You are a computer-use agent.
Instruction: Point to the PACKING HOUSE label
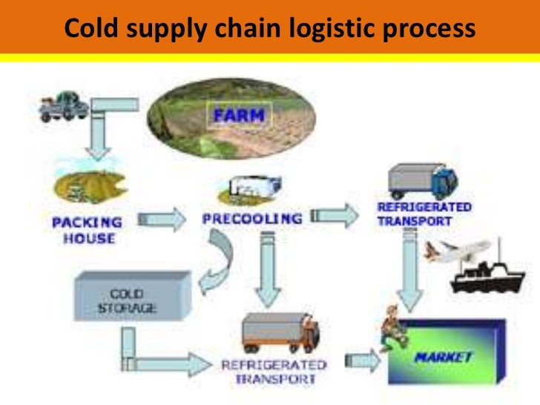[84, 230]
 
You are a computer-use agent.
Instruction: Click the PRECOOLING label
[252, 219]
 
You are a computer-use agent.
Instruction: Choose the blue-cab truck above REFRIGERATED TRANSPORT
[421, 181]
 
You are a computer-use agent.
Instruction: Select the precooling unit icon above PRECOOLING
[244, 188]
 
